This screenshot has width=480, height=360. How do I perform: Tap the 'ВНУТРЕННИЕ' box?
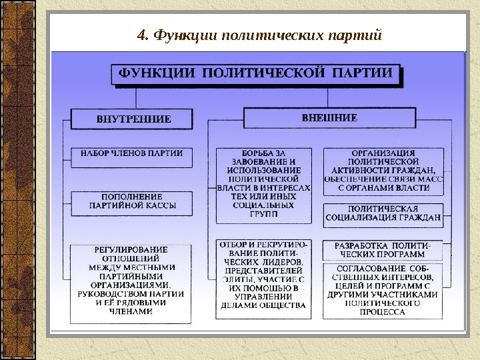pos(133,119)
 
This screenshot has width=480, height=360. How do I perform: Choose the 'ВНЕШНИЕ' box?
pos(329,117)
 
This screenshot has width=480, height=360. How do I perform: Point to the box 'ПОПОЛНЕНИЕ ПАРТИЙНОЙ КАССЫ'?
pos(132,201)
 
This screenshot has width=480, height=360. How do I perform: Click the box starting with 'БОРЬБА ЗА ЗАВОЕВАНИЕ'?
pos(263,184)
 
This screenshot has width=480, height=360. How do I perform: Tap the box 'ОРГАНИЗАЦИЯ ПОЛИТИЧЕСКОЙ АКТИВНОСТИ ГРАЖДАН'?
pos(383,171)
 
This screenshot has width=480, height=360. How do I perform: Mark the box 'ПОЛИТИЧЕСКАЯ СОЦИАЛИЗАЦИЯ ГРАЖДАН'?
pos(383,212)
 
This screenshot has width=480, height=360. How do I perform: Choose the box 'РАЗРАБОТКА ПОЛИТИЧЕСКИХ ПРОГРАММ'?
pos(383,249)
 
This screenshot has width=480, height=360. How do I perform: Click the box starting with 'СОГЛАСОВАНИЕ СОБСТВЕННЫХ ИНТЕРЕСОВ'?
pos(383,289)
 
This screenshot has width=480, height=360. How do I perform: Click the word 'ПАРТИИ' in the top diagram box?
pos(366,73)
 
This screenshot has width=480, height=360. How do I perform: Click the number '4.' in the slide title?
pos(141,35)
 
